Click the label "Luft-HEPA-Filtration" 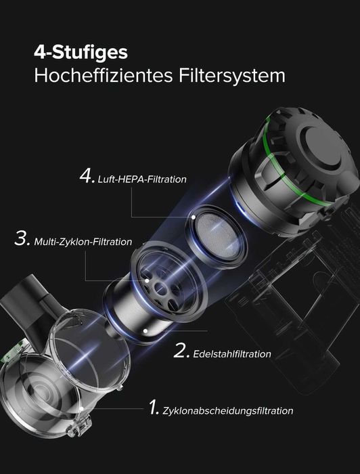tap(141, 179)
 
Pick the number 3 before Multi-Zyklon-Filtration tap(22, 239)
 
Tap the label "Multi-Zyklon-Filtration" tap(83, 242)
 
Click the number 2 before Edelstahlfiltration tap(181, 350)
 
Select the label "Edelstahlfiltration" tap(232, 353)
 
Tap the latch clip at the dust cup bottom tap(81, 426)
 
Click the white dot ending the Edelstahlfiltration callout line tap(146, 331)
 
